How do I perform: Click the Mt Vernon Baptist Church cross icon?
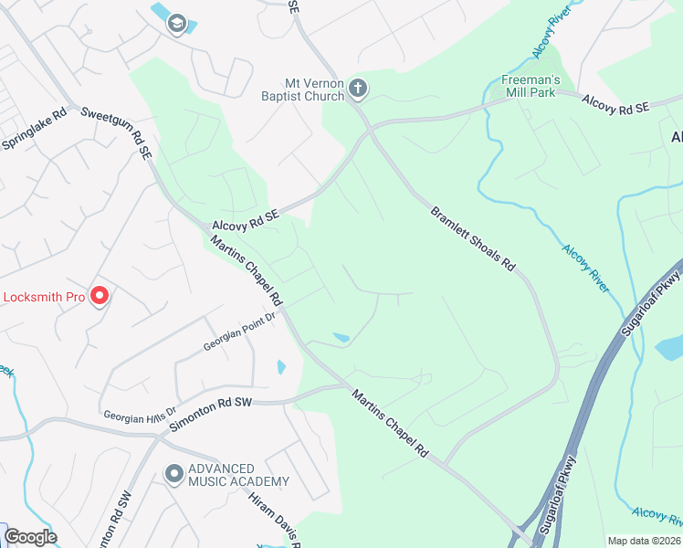click(358, 89)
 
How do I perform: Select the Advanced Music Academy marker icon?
click(173, 474)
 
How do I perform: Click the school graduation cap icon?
click(176, 24)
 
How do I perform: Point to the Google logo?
click(30, 537)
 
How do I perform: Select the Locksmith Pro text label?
click(45, 297)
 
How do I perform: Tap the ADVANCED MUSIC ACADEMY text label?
click(238, 475)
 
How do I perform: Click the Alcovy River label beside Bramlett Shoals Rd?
click(585, 268)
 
